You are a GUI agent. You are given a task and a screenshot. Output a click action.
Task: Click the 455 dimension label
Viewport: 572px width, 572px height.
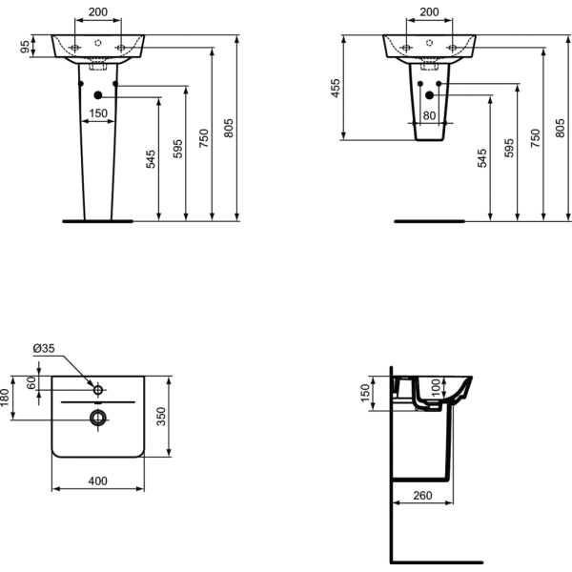335,88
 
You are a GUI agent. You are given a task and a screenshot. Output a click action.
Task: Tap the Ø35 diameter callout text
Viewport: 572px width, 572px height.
44,348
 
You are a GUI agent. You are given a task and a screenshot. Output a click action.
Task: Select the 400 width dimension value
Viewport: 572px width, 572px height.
98,481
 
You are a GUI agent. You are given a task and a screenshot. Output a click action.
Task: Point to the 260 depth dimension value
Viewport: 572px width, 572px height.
422,496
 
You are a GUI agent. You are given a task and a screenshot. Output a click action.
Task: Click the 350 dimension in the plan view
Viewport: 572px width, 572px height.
160,417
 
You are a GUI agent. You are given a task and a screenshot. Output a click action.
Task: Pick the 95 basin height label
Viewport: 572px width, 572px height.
25,47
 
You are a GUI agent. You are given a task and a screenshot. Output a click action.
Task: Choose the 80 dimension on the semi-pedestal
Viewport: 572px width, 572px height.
429,115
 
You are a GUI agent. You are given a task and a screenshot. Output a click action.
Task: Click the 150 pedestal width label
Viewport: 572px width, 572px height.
98,113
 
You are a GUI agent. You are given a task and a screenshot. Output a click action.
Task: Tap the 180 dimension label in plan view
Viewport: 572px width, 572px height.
4,398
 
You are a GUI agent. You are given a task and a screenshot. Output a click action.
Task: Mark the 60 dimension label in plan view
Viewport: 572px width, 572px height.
32,382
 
